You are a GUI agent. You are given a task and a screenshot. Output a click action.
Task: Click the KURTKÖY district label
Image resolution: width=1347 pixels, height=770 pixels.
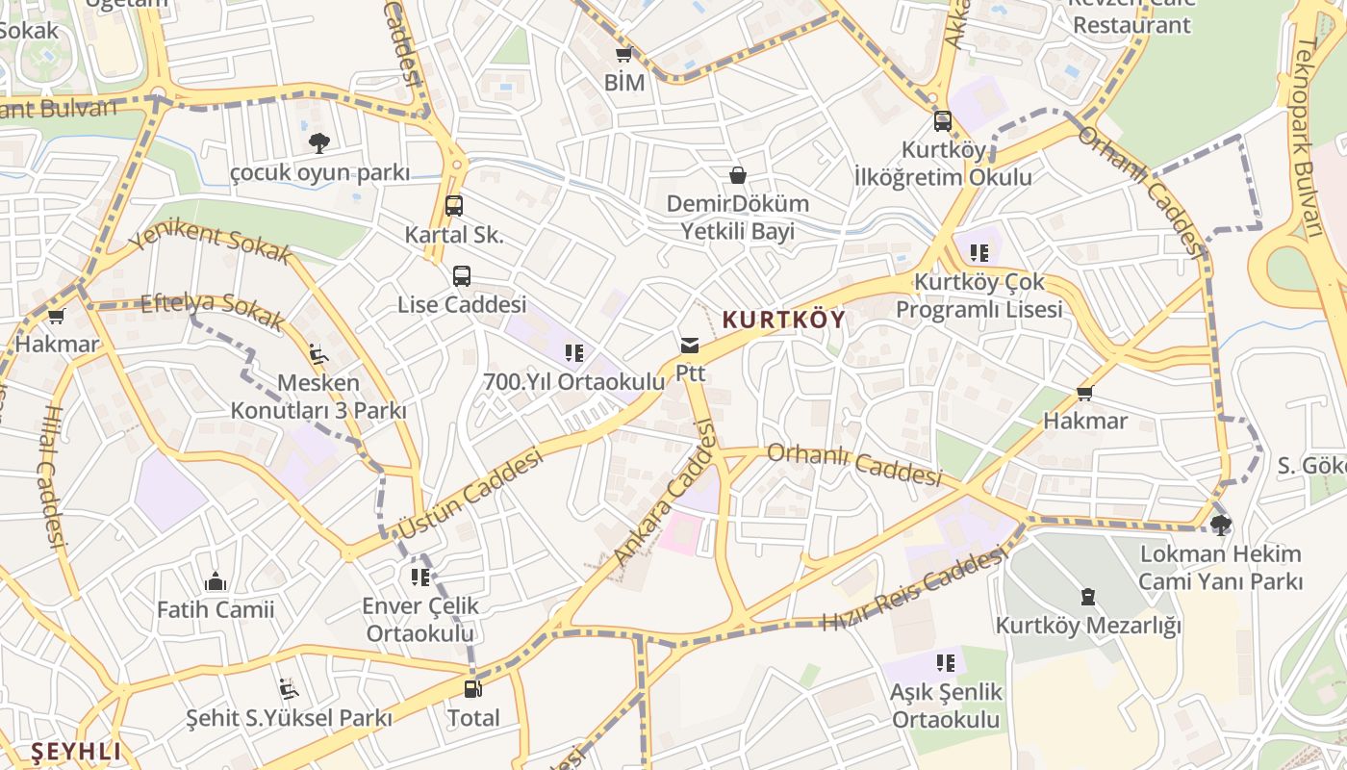point(783,320)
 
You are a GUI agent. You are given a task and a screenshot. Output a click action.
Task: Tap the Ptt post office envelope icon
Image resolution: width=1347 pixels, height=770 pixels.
point(690,346)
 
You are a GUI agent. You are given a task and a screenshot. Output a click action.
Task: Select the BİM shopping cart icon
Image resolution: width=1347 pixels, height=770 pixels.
point(623,55)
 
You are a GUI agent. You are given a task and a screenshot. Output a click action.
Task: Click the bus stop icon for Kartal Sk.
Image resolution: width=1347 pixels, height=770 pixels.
point(454,205)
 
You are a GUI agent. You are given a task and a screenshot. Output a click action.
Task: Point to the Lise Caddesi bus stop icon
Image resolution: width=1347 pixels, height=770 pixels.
point(462,276)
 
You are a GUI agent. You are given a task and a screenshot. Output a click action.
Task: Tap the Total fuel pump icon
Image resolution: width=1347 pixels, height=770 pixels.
point(472,688)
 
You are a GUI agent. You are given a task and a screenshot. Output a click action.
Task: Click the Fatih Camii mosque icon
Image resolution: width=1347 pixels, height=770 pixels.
point(216,581)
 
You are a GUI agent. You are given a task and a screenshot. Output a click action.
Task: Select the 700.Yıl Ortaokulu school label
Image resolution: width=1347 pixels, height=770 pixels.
point(573,381)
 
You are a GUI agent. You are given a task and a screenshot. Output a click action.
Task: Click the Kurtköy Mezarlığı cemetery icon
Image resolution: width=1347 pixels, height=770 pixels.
point(1087,598)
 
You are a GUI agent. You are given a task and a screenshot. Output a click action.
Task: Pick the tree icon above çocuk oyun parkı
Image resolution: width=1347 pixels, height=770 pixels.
point(319,143)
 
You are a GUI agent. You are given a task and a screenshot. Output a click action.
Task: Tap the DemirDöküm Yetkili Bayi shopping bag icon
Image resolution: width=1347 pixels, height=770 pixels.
point(737,175)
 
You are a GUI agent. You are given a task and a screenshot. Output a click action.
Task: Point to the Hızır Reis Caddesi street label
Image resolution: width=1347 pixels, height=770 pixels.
point(913,589)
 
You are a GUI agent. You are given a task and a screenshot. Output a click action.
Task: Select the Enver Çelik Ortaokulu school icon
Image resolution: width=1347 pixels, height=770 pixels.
point(420,577)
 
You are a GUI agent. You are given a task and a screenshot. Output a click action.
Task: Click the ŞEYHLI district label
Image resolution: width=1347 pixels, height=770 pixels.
point(77,751)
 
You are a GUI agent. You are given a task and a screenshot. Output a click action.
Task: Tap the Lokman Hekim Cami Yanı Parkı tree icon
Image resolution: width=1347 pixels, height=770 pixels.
point(1221,525)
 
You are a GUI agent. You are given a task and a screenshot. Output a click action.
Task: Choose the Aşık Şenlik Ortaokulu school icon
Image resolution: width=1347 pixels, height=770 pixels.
point(946,662)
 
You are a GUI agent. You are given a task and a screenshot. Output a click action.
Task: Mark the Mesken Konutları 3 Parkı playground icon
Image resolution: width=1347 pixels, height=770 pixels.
point(318,354)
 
